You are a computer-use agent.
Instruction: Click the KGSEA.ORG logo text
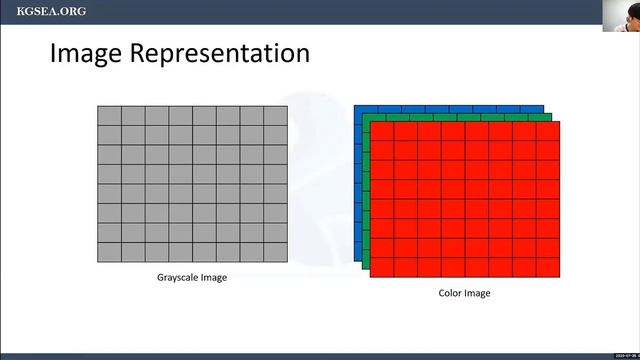click(51, 11)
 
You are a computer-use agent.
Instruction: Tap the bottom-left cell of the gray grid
click(109, 252)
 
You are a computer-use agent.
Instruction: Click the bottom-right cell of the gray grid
click(275, 252)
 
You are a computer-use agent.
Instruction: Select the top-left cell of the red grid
click(382, 131)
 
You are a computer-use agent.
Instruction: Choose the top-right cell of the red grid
click(548, 131)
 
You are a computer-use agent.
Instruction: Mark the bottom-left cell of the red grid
click(382, 268)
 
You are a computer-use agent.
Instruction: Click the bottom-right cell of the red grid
click(548, 268)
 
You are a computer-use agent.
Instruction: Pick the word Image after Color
click(477, 293)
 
